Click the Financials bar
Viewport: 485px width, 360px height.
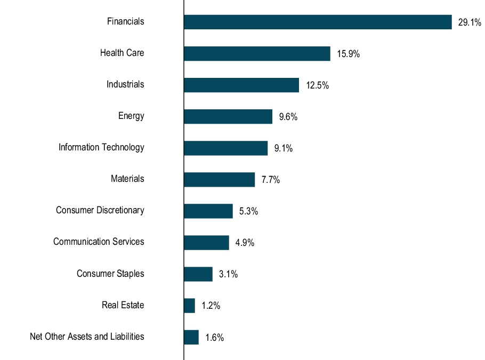[x=318, y=22]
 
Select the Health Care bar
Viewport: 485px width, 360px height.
[x=257, y=53]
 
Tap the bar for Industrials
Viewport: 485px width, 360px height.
[x=241, y=85]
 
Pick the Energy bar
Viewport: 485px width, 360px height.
[x=228, y=116]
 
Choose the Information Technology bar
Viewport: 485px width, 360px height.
[x=225, y=148]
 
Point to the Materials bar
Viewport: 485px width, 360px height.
[x=219, y=179]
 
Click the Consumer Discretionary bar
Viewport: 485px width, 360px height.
[x=208, y=211]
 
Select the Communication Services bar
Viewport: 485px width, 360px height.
[x=206, y=242]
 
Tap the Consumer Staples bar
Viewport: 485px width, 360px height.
[x=198, y=274]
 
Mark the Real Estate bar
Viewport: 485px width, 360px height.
[x=189, y=306]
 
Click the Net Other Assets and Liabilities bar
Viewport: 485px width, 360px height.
[x=191, y=337]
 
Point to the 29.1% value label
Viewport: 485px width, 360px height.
[x=470, y=22]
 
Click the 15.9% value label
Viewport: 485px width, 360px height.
[x=348, y=54]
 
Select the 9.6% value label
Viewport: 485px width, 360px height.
[x=288, y=117]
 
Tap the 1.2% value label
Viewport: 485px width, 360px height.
[x=211, y=306]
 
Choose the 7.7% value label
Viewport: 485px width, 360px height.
[x=270, y=180]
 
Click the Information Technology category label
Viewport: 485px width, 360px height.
[x=101, y=147]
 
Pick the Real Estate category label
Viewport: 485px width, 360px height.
[x=123, y=305]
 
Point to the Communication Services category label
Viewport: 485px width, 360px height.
[x=99, y=242]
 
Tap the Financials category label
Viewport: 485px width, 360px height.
[x=125, y=21]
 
